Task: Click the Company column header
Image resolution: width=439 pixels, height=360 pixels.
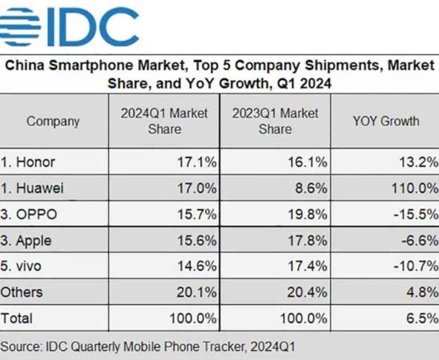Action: tap(53, 122)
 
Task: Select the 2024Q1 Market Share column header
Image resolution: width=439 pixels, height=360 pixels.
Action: tap(164, 122)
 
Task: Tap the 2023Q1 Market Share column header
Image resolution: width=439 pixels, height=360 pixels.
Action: tap(274, 122)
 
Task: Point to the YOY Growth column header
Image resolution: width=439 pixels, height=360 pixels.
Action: tap(386, 122)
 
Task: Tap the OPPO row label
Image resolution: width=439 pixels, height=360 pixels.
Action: tap(29, 215)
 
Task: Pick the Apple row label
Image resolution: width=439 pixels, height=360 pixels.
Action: tap(28, 240)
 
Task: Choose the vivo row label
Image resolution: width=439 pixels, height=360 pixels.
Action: tap(25, 266)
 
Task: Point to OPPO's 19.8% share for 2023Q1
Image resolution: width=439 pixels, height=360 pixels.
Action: tap(308, 215)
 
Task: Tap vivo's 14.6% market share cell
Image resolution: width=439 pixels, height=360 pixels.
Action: tap(197, 266)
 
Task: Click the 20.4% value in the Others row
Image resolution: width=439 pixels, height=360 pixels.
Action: tap(308, 292)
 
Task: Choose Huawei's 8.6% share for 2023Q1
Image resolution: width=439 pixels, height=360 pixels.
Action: tap(311, 189)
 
